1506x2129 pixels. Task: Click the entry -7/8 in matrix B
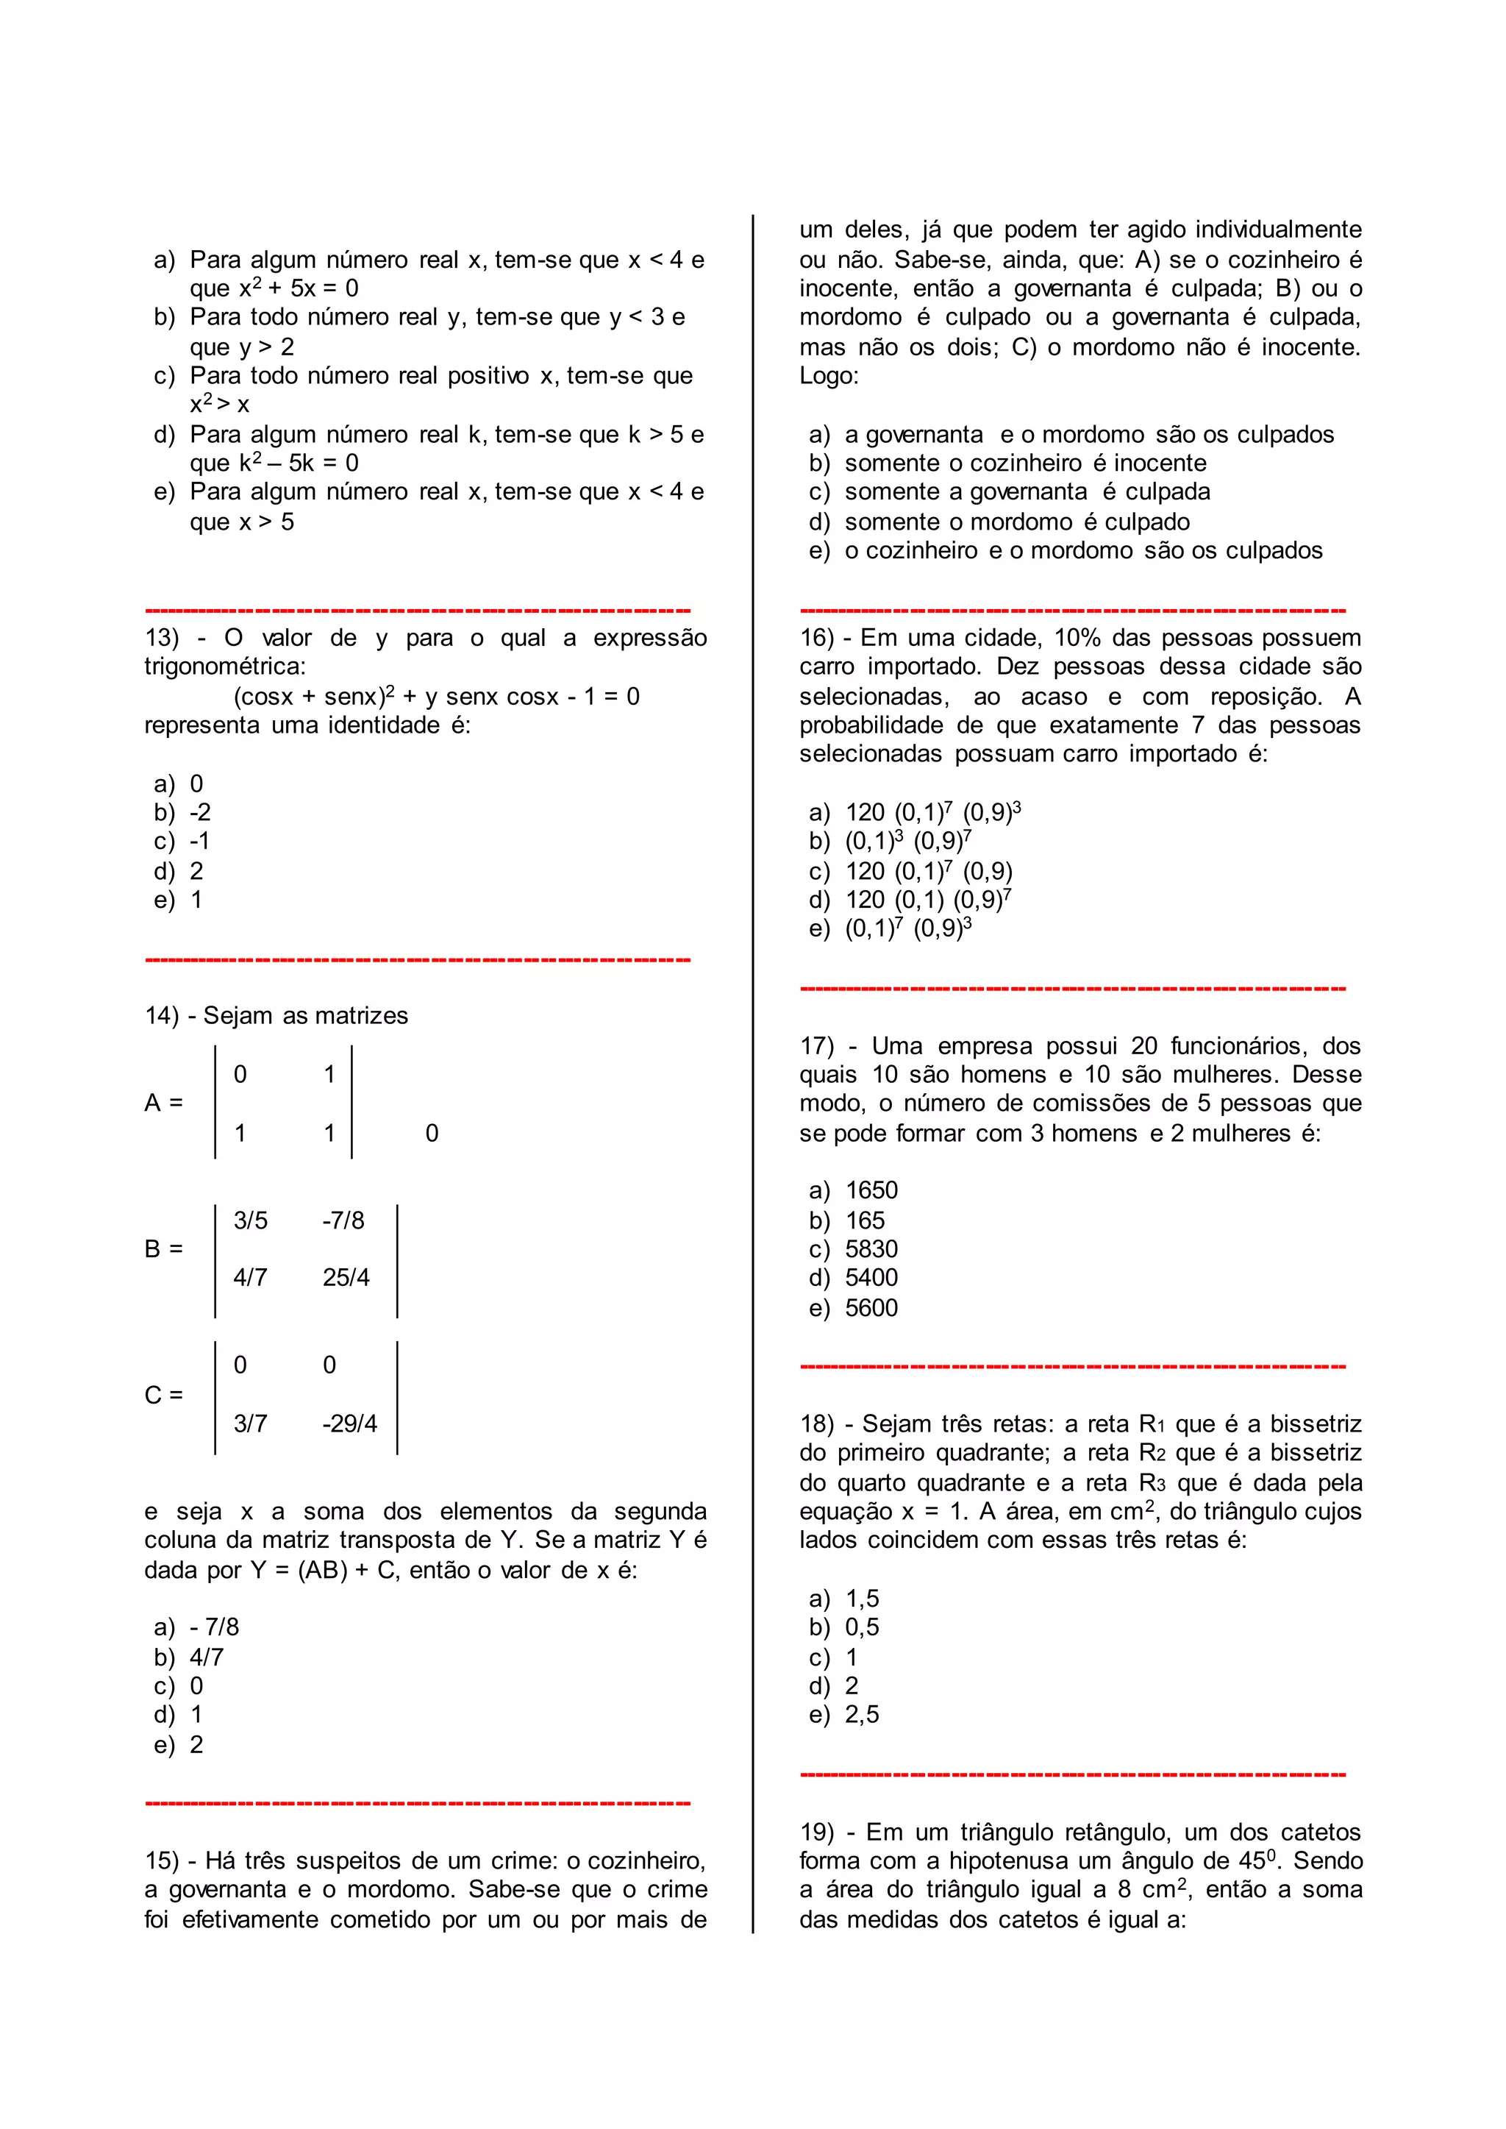tap(343, 1220)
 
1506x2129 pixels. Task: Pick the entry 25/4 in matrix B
tap(346, 1279)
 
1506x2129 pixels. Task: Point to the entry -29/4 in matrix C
tap(349, 1424)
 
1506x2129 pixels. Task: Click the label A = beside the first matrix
tap(163, 1103)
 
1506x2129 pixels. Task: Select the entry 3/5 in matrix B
tap(250, 1220)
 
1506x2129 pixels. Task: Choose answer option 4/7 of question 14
tap(206, 1657)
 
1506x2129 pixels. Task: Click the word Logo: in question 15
tap(829, 377)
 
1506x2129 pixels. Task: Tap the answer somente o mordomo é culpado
tap(1016, 522)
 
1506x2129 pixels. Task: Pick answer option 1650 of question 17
tap(871, 1191)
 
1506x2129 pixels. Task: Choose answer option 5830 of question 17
tap(871, 1250)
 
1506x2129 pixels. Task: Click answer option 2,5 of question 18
tap(862, 1716)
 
